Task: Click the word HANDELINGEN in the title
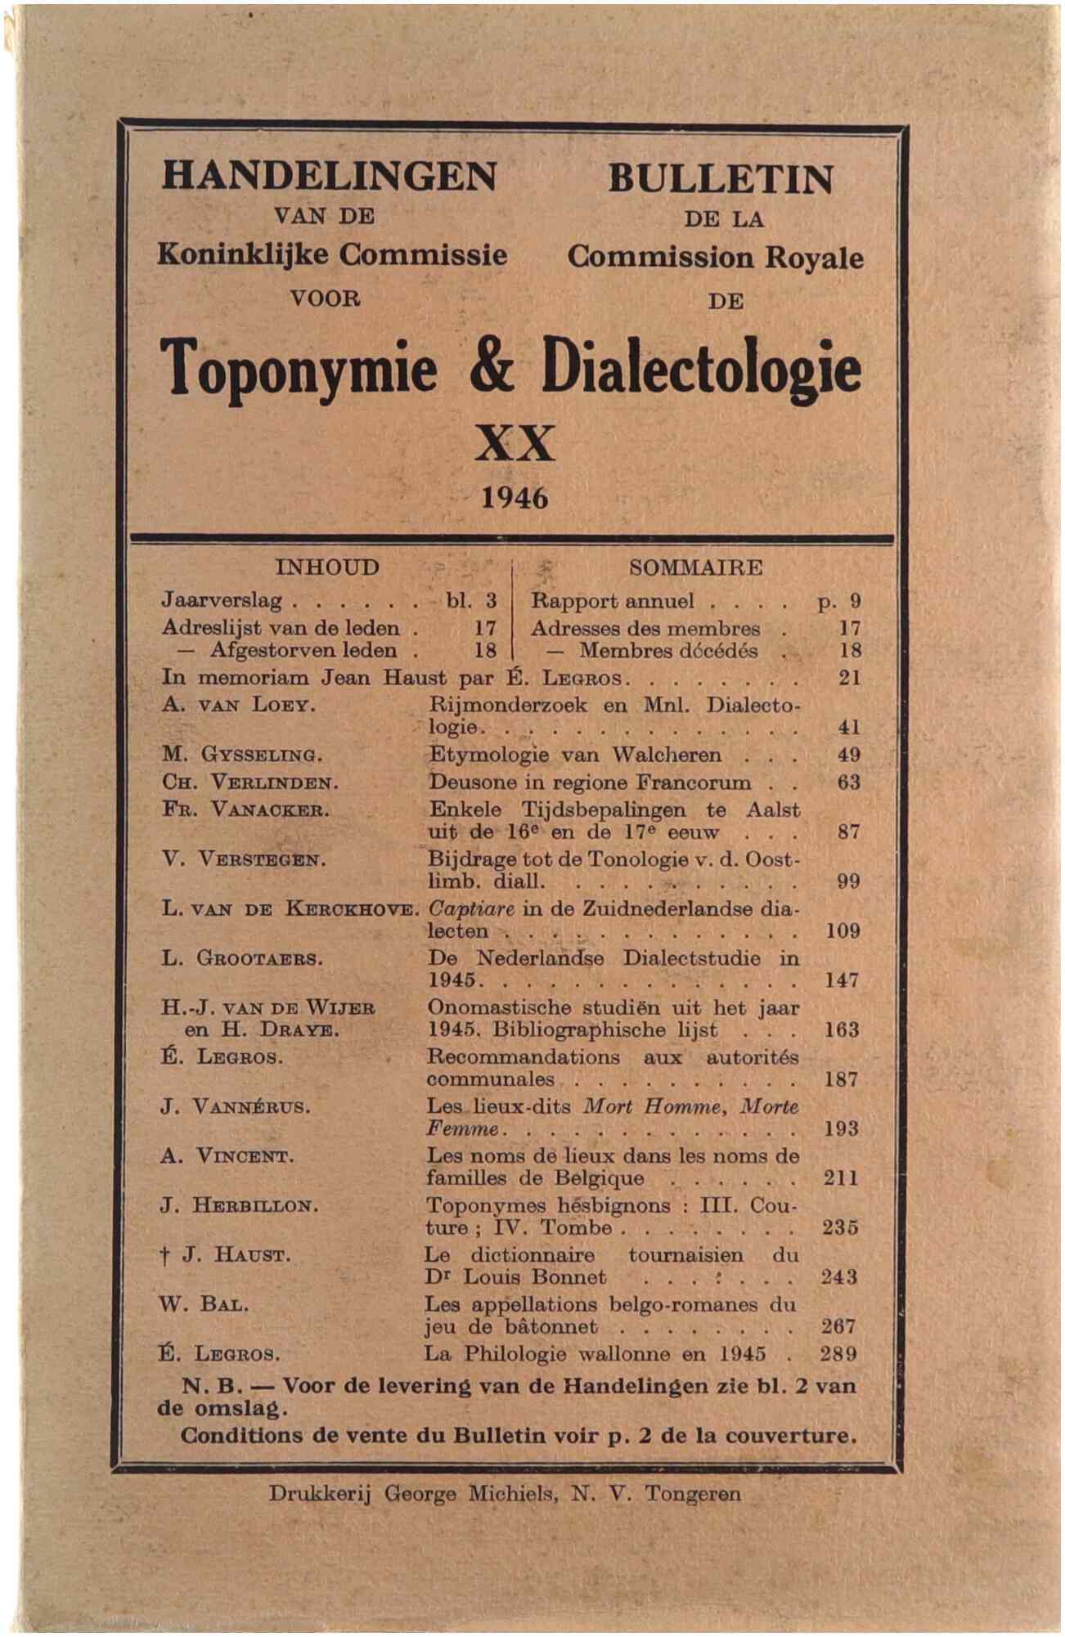[x=329, y=175]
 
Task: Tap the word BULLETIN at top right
[x=720, y=178]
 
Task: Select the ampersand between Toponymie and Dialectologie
[x=492, y=368]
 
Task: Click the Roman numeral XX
[x=515, y=444]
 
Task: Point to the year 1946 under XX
[x=514, y=497]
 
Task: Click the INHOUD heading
[x=327, y=567]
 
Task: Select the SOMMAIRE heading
[x=695, y=567]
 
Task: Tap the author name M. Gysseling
[x=243, y=755]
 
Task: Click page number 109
[x=842, y=930]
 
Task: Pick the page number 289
[x=838, y=1353]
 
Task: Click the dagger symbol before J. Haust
[x=165, y=1256]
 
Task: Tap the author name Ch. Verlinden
[x=250, y=783]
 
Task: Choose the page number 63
[x=848, y=782]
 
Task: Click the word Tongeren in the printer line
[x=693, y=1494]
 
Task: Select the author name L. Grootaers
[x=242, y=958]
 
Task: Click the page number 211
[x=841, y=1177]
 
